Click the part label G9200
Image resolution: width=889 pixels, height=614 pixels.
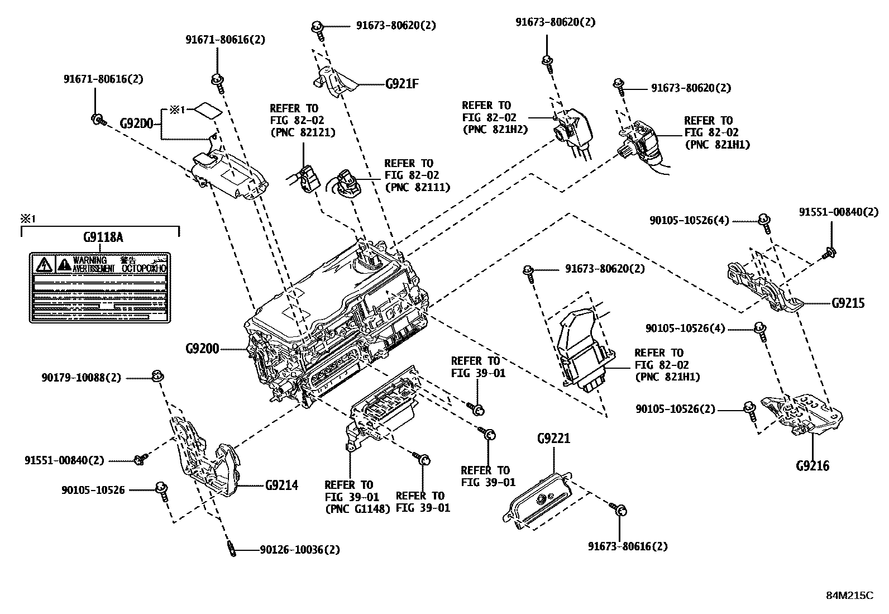202,349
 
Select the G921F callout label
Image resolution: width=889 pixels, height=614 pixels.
402,84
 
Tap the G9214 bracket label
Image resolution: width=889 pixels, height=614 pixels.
281,485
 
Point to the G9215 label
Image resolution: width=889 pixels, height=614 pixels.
848,303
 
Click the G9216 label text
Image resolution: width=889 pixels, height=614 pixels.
812,465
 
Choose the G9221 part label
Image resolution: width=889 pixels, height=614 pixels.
553,438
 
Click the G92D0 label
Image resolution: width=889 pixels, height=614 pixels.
137,123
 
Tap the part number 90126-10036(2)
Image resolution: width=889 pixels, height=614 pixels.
299,550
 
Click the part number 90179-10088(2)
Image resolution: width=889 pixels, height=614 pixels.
81,378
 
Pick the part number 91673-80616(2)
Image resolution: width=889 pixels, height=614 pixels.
628,546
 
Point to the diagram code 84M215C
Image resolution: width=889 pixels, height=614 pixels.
849,595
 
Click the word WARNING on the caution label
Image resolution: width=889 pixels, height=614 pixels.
89,260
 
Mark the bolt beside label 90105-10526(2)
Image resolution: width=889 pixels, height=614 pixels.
751,411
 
